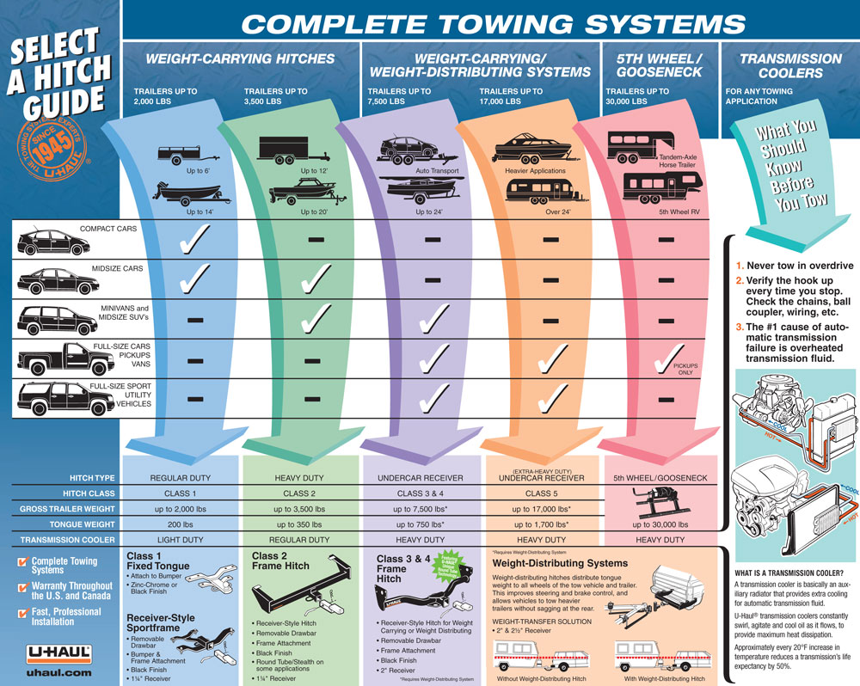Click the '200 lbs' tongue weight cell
point(181,524)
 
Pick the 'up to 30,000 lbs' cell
point(660,524)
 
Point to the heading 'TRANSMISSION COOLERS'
point(779,66)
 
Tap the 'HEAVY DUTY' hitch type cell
point(299,477)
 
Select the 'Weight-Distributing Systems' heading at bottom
point(560,563)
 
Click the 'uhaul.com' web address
point(58,672)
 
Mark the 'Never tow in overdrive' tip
point(795,266)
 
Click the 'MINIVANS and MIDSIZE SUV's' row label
point(119,314)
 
